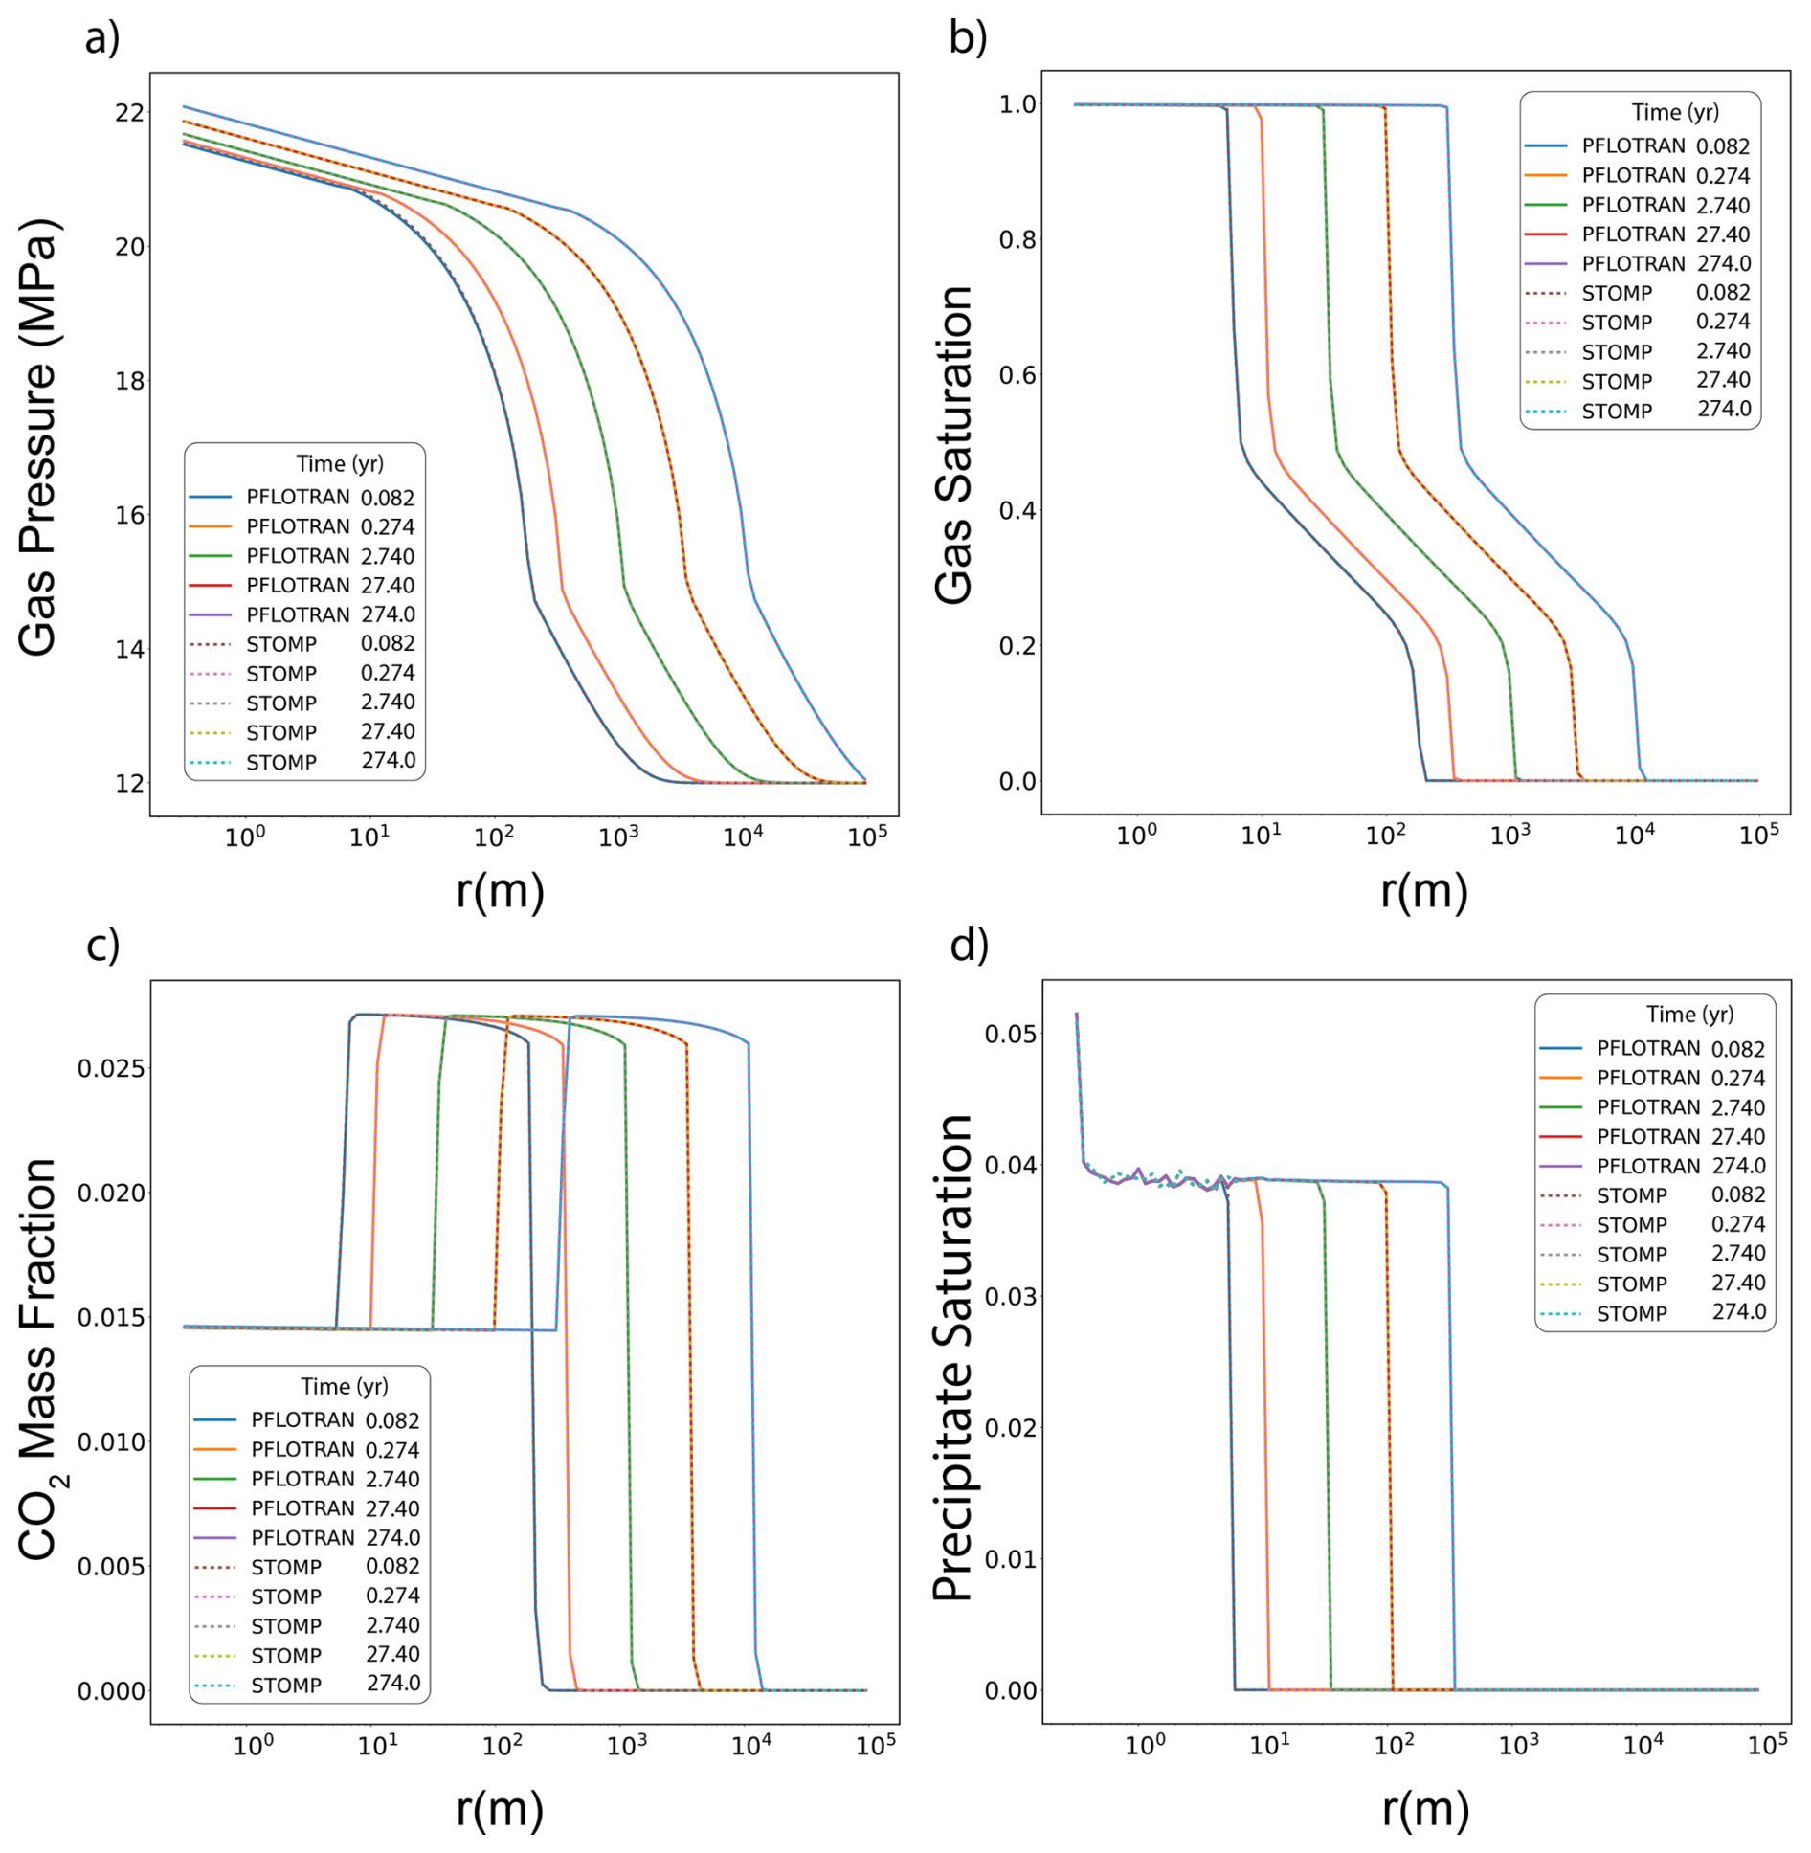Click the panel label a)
(102, 39)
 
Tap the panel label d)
(969, 946)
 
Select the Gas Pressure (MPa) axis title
(38, 437)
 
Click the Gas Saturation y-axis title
(953, 444)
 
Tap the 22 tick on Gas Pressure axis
(129, 113)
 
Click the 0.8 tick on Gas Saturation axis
(1018, 239)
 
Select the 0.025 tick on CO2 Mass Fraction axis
(112, 1068)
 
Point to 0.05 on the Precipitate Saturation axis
(1011, 1034)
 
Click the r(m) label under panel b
(1423, 891)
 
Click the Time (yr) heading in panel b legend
(1675, 113)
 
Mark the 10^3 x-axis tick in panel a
(618, 837)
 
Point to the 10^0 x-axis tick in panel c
(253, 1745)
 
